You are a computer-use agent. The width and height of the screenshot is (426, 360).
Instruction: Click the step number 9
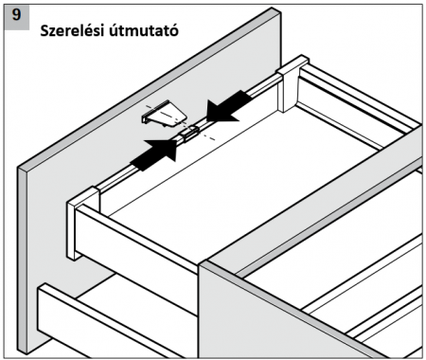coord(16,15)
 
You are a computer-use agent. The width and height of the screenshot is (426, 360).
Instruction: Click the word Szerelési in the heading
coord(72,31)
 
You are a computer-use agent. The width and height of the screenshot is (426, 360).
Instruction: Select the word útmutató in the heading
coord(144,31)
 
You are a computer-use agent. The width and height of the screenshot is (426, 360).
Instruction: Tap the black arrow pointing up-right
coord(155,153)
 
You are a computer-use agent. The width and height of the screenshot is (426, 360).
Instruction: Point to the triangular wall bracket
coord(164,115)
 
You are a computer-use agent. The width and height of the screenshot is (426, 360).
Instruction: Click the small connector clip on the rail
coord(188,135)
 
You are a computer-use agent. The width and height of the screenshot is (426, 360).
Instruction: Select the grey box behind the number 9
coord(17,17)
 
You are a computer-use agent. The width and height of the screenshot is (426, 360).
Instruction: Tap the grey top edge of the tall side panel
coord(150,88)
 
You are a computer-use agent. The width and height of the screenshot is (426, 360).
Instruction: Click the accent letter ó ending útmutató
coord(174,30)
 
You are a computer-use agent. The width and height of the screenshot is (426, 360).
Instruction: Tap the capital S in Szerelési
coord(44,31)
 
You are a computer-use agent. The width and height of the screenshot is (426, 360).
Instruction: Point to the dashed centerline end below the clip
coord(214,139)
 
